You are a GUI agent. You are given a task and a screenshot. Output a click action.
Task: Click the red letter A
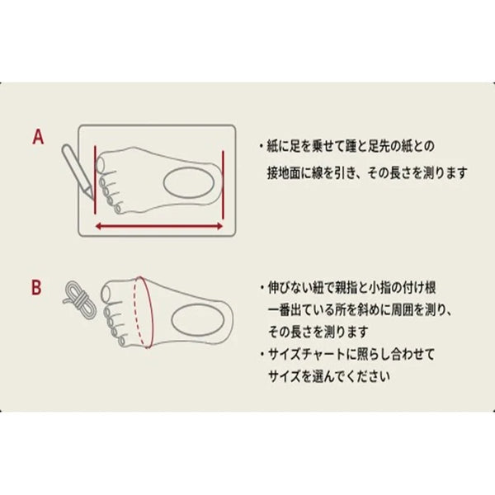tap(38, 137)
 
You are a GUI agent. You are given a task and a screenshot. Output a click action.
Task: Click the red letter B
tap(36, 288)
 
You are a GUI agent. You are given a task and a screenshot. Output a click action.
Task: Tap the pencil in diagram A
tap(78, 172)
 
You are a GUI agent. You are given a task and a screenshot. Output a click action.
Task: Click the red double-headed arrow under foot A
tap(158, 226)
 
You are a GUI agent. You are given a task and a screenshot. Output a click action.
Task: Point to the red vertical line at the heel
tap(223, 185)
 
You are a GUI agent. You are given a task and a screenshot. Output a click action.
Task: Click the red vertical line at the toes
tap(95, 180)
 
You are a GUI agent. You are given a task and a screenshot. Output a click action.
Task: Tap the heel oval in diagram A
tap(189, 183)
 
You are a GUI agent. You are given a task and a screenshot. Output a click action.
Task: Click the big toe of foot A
tap(101, 164)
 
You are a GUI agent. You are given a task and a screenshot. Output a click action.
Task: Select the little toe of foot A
tap(118, 208)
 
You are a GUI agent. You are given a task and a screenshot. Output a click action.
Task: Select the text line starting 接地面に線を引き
tap(367, 173)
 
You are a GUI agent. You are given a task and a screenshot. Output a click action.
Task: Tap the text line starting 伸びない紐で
tap(348, 288)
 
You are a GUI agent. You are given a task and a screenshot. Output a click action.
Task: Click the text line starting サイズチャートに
tap(347, 354)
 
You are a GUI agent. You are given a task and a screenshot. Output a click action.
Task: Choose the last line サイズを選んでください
tap(328, 376)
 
